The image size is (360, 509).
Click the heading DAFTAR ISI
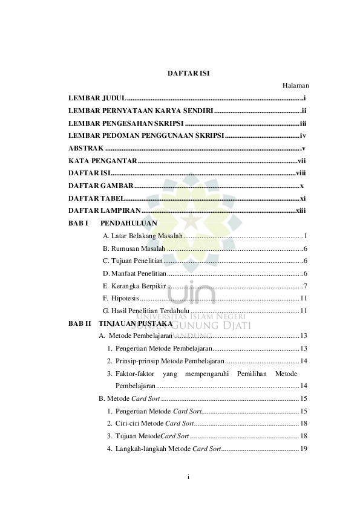(x=188, y=73)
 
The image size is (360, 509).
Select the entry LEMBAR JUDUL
(x=97, y=98)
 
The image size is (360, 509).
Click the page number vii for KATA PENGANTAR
(x=301, y=161)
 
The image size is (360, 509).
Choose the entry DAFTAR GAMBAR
(x=100, y=186)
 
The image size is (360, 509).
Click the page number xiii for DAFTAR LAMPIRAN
(x=300, y=211)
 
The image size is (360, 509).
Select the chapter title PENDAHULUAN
(x=129, y=224)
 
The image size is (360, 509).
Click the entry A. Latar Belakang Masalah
(x=143, y=236)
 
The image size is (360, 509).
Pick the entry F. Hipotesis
(x=121, y=299)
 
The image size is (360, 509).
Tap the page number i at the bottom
(x=188, y=477)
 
